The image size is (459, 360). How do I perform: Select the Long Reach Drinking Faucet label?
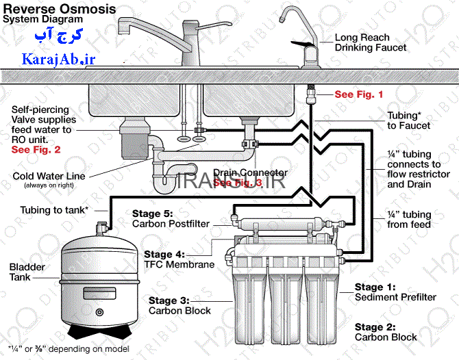pos(370,42)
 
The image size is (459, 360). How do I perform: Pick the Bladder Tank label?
pos(25,272)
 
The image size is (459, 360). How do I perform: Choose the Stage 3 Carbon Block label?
pos(180,305)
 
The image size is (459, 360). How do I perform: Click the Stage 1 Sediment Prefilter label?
pos(395,292)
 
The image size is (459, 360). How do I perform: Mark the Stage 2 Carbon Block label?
pos(386,332)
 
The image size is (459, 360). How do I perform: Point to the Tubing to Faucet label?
pos(409,120)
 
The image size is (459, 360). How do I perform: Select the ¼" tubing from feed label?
pos(409,220)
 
